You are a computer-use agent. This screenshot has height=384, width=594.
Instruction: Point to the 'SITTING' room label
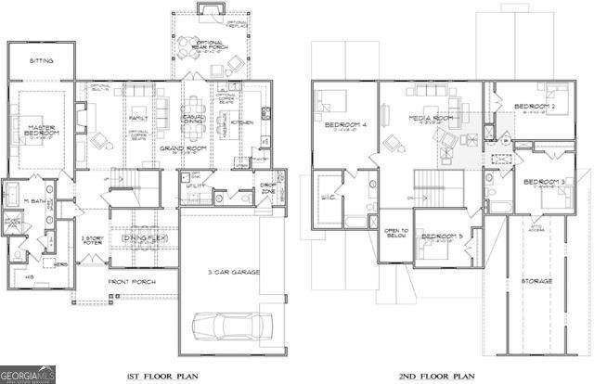(40, 61)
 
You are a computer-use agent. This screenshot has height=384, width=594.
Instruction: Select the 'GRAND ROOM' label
(175, 147)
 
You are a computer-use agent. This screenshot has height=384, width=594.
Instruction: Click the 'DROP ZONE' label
(268, 189)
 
